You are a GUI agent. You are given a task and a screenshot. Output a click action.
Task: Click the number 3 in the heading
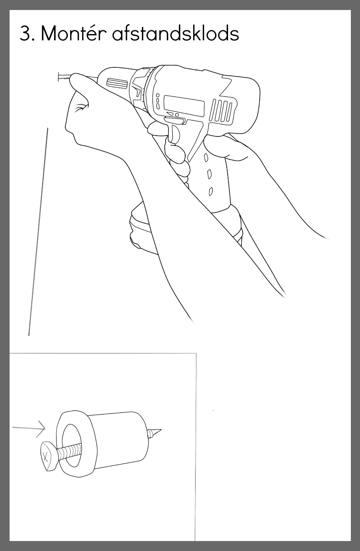click(x=25, y=33)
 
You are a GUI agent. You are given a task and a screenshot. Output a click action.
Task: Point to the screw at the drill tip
click(x=64, y=77)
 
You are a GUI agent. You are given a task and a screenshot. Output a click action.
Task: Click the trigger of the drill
click(x=175, y=134)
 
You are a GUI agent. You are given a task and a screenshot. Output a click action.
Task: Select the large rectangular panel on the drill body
click(x=184, y=106)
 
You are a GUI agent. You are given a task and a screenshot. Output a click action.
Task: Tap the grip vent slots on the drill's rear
click(x=222, y=110)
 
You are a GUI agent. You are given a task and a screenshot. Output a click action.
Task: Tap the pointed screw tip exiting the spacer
click(x=154, y=433)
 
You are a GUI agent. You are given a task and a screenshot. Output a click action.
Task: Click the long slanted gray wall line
click(x=38, y=232)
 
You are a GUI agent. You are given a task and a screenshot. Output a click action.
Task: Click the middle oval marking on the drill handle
click(x=209, y=174)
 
